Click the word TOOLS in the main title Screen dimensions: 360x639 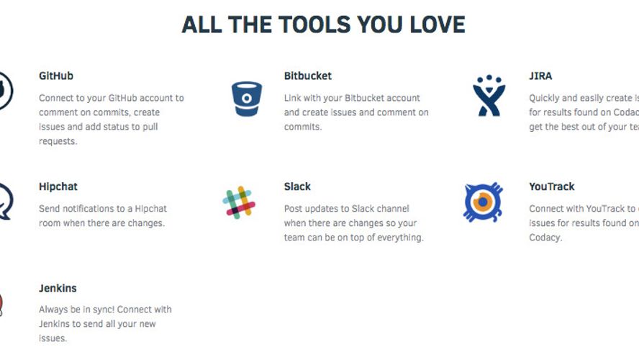coord(294,24)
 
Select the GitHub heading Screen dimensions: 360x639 coord(56,76)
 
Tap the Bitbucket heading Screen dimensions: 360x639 coord(308,76)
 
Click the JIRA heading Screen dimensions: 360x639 coord(540,76)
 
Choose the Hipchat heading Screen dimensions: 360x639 coord(58,186)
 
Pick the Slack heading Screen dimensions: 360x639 coord(297,186)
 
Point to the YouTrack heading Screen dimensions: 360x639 coord(552,186)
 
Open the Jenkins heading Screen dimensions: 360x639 coord(58,289)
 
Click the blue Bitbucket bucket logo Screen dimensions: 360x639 coord(247,99)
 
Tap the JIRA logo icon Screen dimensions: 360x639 coord(489,95)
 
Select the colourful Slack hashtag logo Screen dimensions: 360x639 coord(239,202)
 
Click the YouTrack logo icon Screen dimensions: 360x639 coord(482,202)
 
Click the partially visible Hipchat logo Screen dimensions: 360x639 coord(5,202)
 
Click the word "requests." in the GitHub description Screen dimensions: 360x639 coord(58,141)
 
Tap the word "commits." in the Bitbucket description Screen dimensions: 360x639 coord(303,127)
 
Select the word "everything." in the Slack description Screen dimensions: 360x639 coord(399,238)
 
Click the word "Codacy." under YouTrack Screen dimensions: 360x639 coord(545,238)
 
